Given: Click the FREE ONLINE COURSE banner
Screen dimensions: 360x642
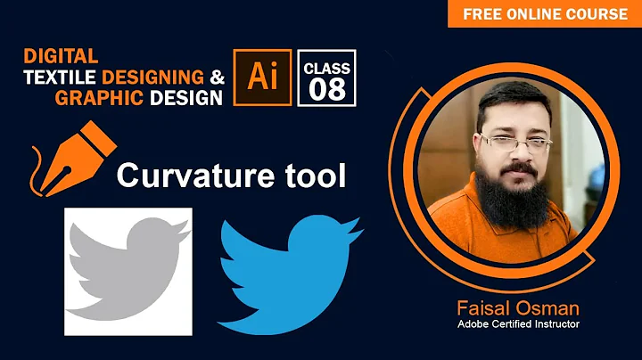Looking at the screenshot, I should [x=544, y=13].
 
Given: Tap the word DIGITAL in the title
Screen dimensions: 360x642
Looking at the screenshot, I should [x=61, y=56].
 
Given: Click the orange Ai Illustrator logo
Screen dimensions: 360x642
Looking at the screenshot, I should [x=262, y=78].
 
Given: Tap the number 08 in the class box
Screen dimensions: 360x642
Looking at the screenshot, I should [x=327, y=89].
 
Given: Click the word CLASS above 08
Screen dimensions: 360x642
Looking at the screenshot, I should [x=327, y=68].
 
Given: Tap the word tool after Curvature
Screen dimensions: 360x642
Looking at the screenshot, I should [x=313, y=176].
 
